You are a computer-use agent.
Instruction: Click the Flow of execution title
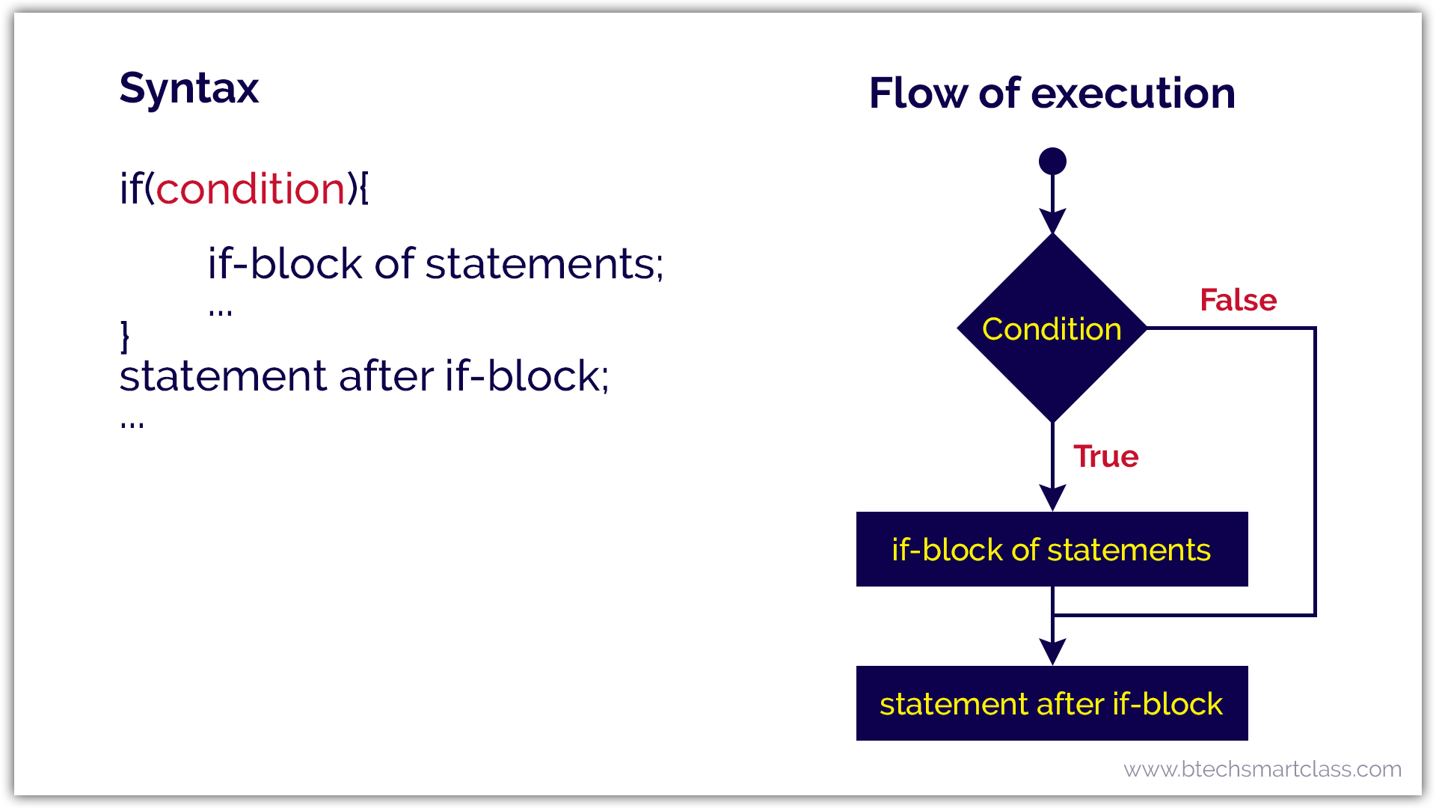(x=1052, y=94)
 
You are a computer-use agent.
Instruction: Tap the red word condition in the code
(x=251, y=189)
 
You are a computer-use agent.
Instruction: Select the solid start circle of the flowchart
(x=1052, y=161)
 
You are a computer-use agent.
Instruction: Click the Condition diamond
(x=1052, y=328)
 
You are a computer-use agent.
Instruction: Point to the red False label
(x=1238, y=300)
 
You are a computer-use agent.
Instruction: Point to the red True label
(x=1105, y=456)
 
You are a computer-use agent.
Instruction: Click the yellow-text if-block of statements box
(x=1052, y=549)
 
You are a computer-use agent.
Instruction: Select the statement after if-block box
(x=1052, y=703)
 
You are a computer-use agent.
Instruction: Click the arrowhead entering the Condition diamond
(x=1052, y=221)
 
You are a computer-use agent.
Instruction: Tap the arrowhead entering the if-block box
(x=1052, y=498)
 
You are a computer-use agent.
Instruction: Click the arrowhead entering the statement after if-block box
(x=1052, y=652)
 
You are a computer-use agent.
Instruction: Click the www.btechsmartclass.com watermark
(x=1262, y=769)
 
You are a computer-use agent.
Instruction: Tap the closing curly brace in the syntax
(x=125, y=337)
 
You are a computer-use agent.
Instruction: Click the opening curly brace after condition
(x=364, y=189)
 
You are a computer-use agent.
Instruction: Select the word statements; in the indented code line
(x=544, y=264)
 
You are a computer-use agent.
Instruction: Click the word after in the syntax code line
(x=386, y=376)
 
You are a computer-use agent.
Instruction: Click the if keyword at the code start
(x=130, y=189)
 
